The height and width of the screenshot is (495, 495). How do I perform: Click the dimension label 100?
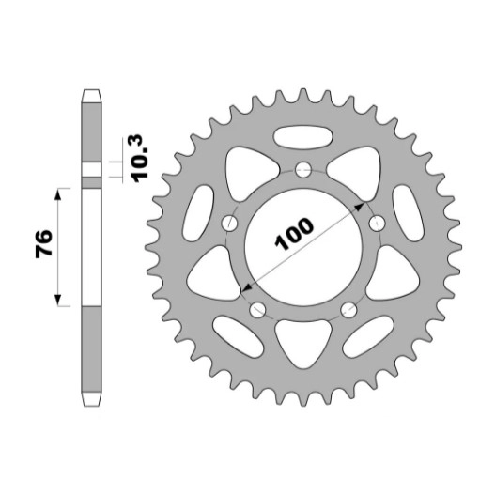pos(294,234)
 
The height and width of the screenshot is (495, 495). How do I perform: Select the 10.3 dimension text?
pos(141,159)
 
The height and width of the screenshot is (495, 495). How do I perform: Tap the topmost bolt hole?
pos(303,170)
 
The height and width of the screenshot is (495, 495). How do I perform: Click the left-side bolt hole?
pos(229,224)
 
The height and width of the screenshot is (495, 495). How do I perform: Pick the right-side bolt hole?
pos(377,224)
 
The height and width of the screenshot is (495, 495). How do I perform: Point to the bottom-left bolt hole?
pos(257,310)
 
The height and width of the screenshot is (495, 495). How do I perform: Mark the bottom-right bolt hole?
pos(348,310)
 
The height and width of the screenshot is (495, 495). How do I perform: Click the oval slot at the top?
pos(303,137)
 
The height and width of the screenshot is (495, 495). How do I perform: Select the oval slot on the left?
pos(198,213)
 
